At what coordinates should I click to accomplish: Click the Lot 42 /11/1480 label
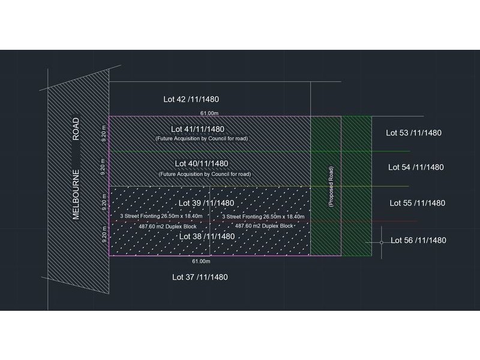pyautogui.click(x=194, y=99)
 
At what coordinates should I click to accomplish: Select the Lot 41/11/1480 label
pyautogui.click(x=197, y=129)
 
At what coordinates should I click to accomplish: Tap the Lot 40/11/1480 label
pyautogui.click(x=201, y=163)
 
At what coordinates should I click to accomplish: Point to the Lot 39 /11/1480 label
pyautogui.click(x=206, y=203)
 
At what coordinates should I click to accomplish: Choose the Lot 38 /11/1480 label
pyautogui.click(x=206, y=236)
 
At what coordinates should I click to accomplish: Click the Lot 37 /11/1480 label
pyautogui.click(x=200, y=277)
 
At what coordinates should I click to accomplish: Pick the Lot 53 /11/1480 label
pyautogui.click(x=413, y=133)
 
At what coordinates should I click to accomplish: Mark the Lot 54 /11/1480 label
pyautogui.click(x=416, y=167)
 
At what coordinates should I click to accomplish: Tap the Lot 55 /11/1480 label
pyautogui.click(x=417, y=203)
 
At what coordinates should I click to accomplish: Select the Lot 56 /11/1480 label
pyautogui.click(x=418, y=241)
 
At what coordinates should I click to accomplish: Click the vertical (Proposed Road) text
pyautogui.click(x=331, y=187)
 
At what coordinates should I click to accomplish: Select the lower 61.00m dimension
pyautogui.click(x=201, y=262)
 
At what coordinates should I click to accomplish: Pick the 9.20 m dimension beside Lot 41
pyautogui.click(x=104, y=133)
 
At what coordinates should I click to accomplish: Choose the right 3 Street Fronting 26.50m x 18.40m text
pyautogui.click(x=263, y=217)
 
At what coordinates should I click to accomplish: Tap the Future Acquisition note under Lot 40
pyautogui.click(x=204, y=174)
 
